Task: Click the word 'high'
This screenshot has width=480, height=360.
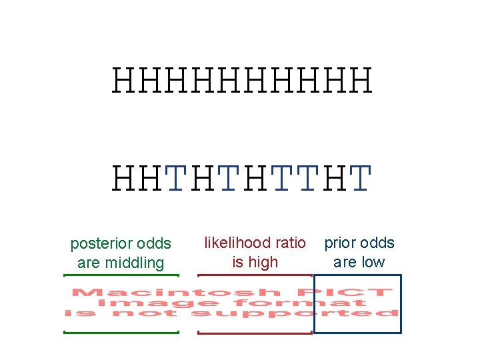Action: [264, 262]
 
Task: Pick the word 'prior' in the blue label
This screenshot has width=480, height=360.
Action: [341, 243]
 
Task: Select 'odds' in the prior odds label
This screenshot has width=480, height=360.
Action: [377, 243]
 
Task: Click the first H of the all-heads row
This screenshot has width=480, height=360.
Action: [125, 81]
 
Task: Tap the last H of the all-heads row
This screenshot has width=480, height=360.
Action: [359, 81]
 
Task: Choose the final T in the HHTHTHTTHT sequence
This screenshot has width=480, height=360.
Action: [359, 178]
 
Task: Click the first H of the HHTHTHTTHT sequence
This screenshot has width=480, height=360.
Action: [125, 178]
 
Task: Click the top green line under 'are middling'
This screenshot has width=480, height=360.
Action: [121, 275]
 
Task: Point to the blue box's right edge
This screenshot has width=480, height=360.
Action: [401, 303]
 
